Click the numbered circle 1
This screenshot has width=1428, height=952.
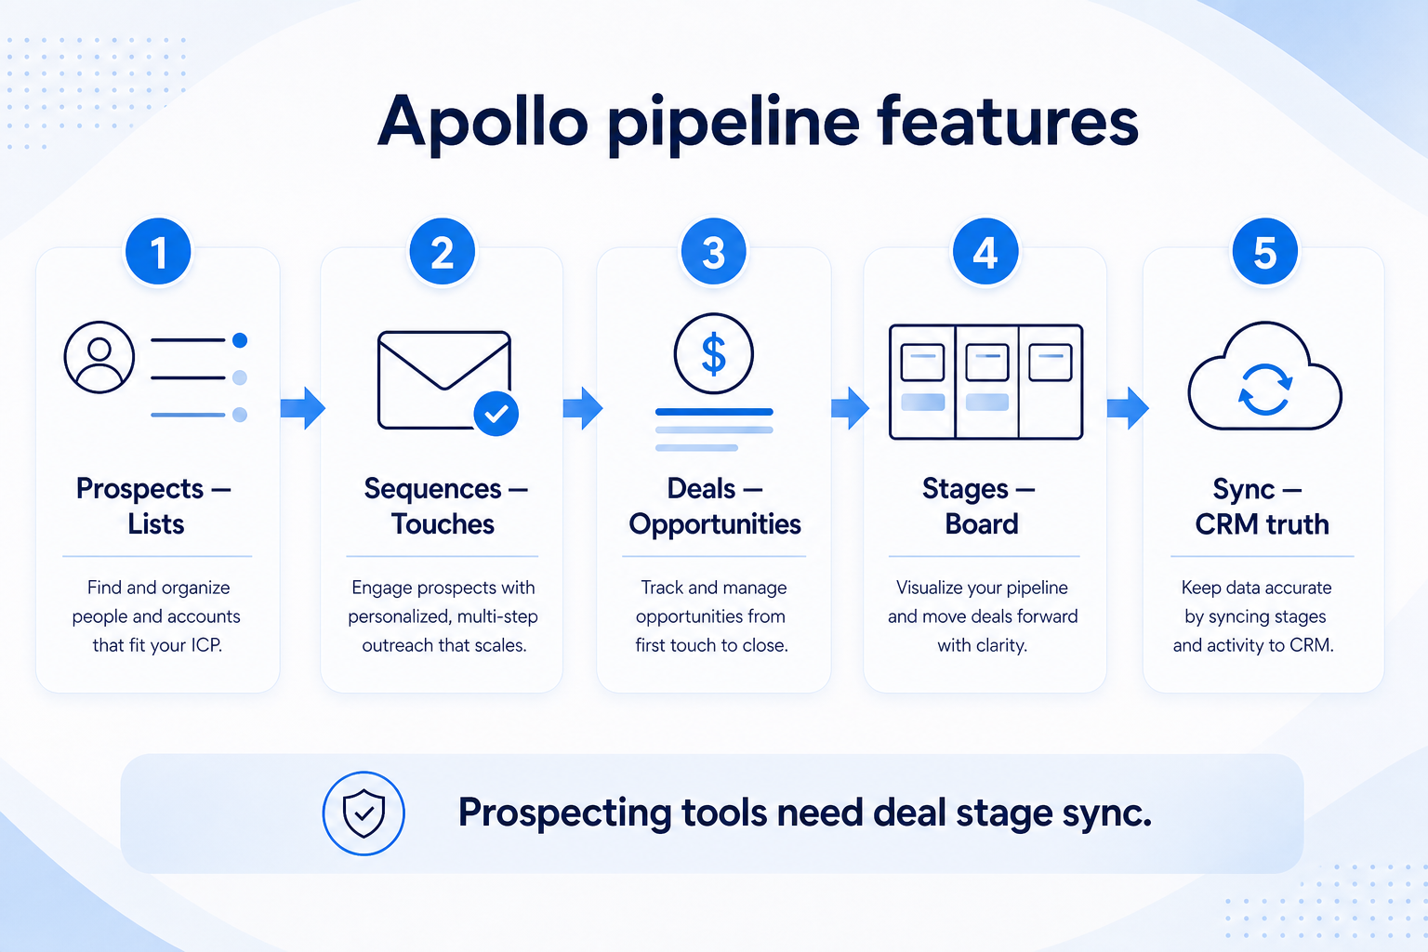tap(158, 251)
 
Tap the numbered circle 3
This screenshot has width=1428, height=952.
tap(713, 251)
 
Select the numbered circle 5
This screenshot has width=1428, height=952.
tap(1264, 251)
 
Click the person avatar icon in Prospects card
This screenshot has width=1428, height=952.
tap(99, 356)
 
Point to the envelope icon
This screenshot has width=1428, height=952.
tap(444, 379)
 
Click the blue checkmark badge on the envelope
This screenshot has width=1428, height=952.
tap(496, 414)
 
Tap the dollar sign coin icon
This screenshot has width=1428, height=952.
tap(713, 353)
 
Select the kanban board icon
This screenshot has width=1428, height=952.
tap(985, 381)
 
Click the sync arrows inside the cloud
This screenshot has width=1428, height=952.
tap(1265, 389)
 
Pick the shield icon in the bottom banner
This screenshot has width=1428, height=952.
tap(364, 813)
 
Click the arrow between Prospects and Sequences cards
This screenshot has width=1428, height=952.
tap(303, 407)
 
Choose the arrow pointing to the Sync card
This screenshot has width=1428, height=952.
tap(1128, 407)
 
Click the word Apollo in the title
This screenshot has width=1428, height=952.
tap(483, 123)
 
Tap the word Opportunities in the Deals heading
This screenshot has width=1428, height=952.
tap(715, 524)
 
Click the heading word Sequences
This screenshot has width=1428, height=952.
tap(433, 490)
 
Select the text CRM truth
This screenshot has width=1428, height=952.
tap(1262, 524)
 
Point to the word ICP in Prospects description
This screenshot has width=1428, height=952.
tap(206, 644)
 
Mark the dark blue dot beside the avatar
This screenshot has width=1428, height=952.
tap(240, 340)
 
